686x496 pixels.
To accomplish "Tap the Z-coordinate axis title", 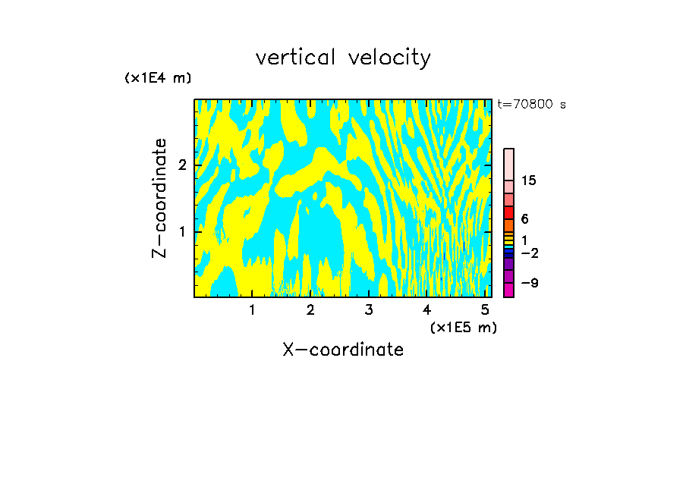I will coord(159,198).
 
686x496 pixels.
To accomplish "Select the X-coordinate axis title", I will coord(343,350).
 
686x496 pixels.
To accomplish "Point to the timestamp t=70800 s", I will coord(532,105).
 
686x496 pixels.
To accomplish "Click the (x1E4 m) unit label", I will coord(158,78).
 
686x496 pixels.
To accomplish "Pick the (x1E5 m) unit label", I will coord(463,327).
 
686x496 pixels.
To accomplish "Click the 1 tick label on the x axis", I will coord(252,309).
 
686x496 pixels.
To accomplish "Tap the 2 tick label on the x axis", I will coord(310,309).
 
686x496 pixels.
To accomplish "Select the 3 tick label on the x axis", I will coord(368,309).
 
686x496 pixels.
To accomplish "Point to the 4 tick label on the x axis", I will coord(426,309).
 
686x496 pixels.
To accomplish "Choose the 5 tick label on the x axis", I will coord(484,309).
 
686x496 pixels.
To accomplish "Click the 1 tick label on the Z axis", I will coord(182,231).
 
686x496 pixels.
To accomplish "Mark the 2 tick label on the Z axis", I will coord(182,165).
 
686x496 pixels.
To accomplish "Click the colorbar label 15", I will coord(530,181).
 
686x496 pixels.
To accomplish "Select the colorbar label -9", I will coord(529,283).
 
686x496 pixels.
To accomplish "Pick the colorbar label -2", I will coord(529,253).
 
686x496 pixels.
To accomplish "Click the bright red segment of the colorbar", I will coord(509,212).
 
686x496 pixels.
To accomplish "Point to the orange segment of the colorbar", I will coord(509,225).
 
